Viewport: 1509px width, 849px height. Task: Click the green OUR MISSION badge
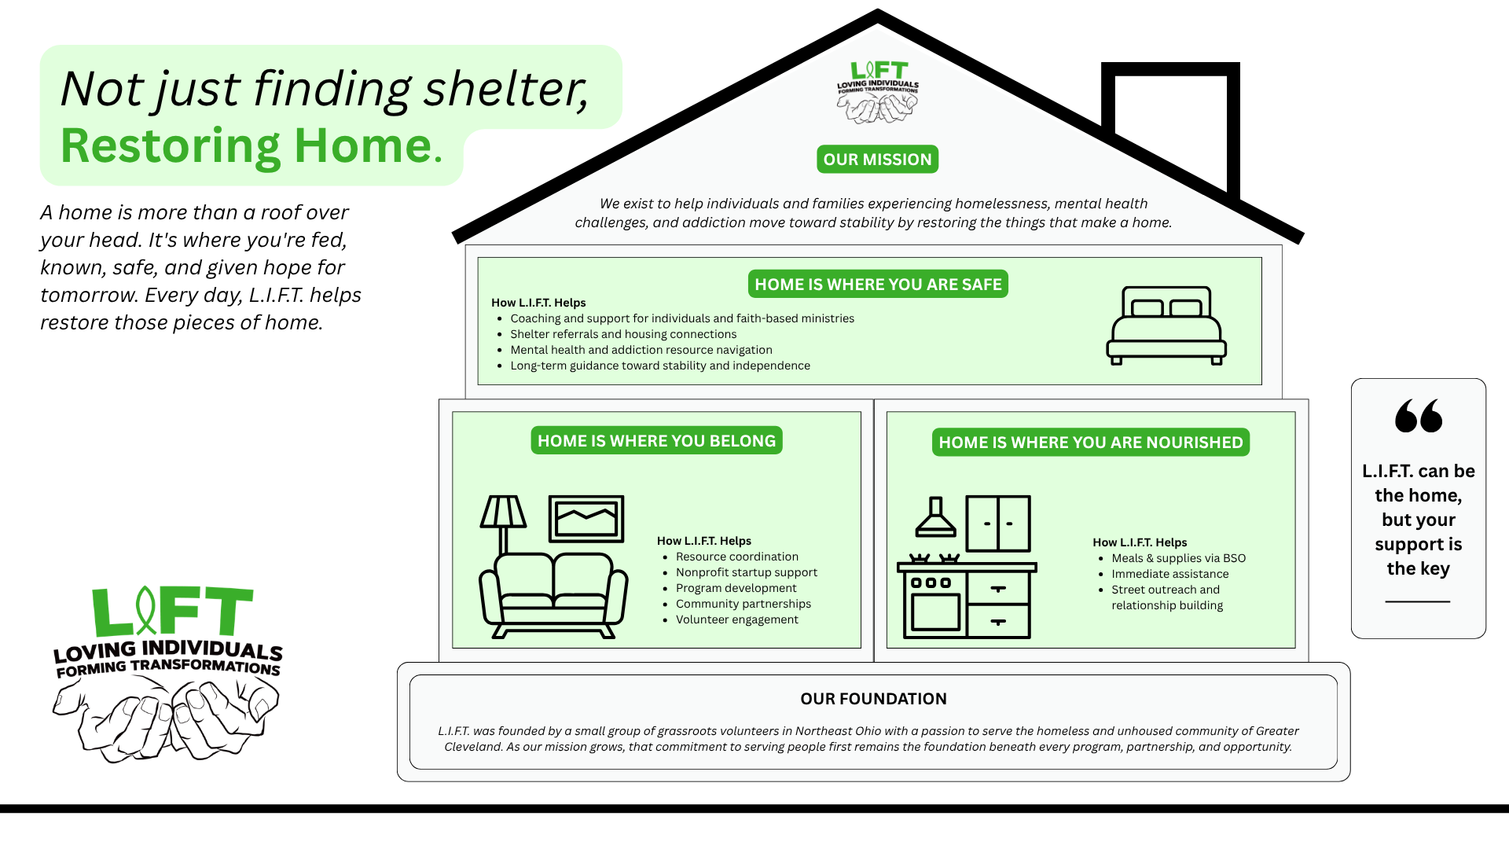877,159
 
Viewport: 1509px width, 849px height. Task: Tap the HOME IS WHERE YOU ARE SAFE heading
878,284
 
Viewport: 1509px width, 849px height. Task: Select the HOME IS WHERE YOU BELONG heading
656,440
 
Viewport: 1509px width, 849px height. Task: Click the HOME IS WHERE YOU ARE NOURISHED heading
1091,442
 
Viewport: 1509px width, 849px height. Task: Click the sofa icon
553,595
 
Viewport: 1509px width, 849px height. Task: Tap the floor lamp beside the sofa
503,525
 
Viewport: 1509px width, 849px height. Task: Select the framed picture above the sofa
586,519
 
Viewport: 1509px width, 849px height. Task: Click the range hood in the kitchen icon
935,516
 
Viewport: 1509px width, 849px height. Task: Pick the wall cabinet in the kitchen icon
998,524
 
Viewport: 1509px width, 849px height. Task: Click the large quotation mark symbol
1419,415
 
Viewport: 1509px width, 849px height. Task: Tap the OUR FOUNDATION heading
873,699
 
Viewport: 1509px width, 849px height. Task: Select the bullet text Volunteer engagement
737,619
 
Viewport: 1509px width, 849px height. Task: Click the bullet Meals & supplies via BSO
1178,558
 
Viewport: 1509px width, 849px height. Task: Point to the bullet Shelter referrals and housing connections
623,334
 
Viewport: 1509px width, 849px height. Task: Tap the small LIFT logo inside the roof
878,91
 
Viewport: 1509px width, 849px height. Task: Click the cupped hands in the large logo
166,719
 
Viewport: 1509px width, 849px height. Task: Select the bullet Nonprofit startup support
747,572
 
